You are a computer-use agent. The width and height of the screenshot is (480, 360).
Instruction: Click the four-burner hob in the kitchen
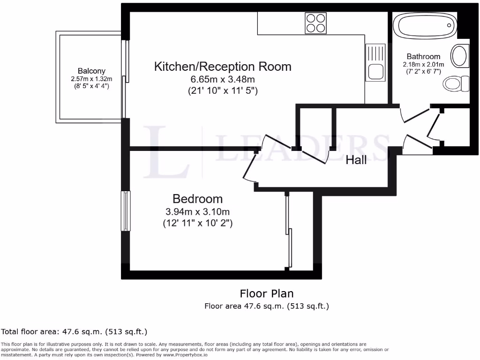point(316,23)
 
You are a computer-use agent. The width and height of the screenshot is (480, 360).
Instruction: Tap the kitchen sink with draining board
point(376,62)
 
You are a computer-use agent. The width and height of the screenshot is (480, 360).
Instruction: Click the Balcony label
point(91,71)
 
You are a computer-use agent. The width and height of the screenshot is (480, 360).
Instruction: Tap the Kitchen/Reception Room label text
point(223,67)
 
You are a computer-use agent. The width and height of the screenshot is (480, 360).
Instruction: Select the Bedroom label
point(197,199)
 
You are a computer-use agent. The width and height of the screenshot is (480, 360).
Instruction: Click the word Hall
point(356,160)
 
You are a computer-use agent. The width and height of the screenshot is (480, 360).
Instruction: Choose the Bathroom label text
point(423,57)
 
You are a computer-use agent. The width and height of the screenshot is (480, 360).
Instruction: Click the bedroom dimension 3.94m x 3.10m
point(197,212)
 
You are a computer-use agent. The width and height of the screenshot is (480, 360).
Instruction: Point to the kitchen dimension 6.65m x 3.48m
point(223,79)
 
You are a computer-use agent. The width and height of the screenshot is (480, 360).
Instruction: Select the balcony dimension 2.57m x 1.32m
point(91,79)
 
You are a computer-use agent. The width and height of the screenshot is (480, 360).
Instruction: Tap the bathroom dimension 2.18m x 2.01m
point(423,64)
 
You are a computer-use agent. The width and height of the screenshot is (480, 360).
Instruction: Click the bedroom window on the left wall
point(126,211)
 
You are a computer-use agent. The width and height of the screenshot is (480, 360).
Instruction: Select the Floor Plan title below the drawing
point(267,294)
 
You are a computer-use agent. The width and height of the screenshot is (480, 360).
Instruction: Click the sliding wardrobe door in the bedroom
point(289,232)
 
